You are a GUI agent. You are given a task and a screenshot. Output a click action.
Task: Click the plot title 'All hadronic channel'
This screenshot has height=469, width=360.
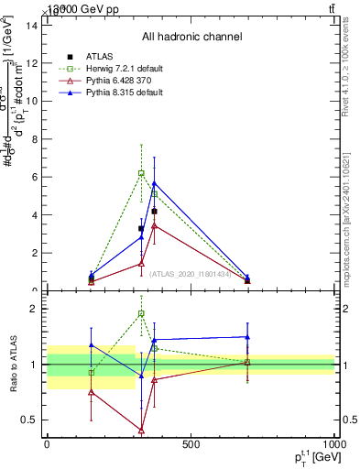tap(191, 37)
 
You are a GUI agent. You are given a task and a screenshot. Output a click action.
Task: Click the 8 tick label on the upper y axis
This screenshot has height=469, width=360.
tap(32, 139)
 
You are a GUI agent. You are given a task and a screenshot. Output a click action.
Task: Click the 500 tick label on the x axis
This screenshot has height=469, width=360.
tap(191, 445)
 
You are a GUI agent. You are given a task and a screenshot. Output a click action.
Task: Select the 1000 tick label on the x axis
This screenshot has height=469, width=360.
tap(333, 445)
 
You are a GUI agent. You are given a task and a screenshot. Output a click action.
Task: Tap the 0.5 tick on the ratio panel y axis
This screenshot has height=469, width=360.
tap(29, 420)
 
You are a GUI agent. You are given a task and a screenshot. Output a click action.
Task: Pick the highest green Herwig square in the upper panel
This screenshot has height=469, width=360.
tap(141, 172)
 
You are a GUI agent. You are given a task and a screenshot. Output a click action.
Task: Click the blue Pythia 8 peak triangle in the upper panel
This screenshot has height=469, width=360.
tap(154, 183)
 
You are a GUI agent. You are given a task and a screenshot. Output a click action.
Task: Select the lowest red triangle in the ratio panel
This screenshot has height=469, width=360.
tap(141, 430)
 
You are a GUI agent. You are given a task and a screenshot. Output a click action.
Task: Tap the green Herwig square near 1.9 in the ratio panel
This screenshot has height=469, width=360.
tap(141, 313)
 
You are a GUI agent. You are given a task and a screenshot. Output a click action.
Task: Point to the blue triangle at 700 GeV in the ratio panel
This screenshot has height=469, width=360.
tap(247, 337)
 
